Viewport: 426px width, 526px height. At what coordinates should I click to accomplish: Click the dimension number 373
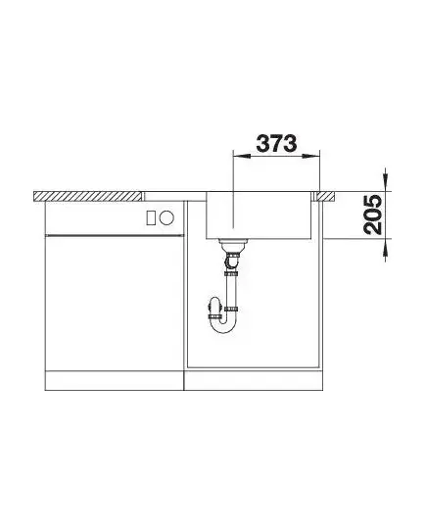pos(276,143)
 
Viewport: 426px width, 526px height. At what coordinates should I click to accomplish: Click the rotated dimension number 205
pos(373,215)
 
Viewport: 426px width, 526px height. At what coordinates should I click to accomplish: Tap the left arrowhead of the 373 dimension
pos(242,156)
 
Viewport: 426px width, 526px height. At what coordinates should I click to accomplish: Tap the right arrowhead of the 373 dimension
pos(311,156)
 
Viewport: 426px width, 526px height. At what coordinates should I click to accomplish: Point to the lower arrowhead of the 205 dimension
pos(386,248)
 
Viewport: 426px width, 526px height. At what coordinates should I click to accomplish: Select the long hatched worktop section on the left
pos(88,196)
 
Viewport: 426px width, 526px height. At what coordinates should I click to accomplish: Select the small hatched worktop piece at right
pos(326,196)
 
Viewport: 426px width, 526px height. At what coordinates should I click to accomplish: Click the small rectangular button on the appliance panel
pos(151,218)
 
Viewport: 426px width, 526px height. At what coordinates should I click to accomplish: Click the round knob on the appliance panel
pos(166,218)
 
